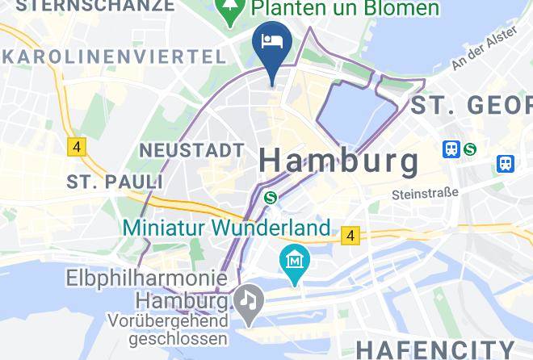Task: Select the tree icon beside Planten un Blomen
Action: (231, 10)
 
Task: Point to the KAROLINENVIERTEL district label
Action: (113, 57)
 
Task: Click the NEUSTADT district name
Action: (191, 150)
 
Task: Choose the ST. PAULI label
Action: (104, 180)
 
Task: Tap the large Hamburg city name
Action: (339, 160)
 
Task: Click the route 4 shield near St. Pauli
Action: (77, 147)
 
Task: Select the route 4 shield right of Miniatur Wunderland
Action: (350, 235)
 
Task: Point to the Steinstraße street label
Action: (425, 194)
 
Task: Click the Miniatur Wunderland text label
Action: (227, 228)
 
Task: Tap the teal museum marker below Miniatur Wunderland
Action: (292, 262)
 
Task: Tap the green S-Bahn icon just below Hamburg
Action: (271, 197)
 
